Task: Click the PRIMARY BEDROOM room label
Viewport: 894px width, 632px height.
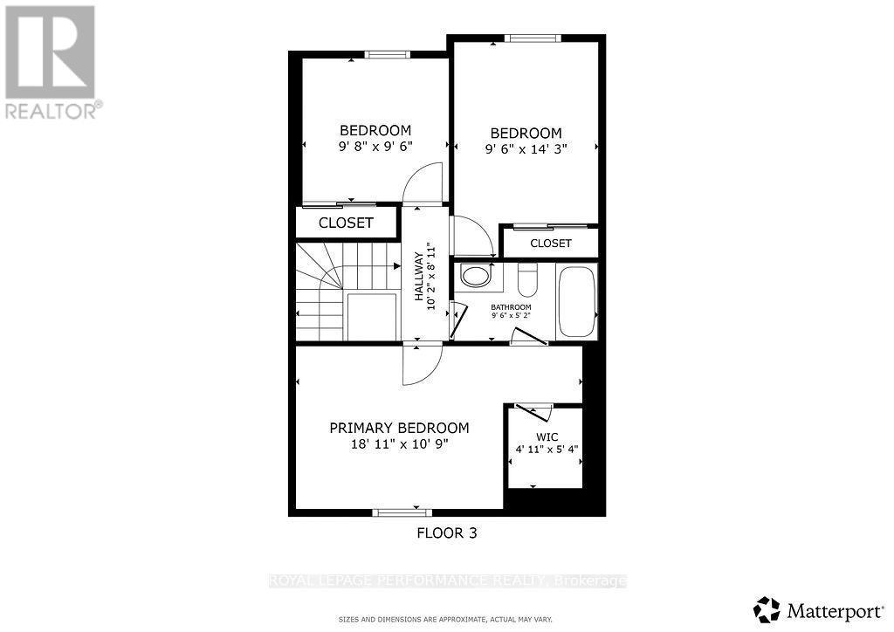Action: [399, 428]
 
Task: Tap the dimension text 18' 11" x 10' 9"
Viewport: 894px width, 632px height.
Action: [399, 443]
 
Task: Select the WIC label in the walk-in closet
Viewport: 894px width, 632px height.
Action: [547, 436]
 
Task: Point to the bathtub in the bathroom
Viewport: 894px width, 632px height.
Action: [576, 301]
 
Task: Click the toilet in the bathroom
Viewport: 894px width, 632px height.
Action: [528, 280]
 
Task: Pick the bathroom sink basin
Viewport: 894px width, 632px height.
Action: [476, 277]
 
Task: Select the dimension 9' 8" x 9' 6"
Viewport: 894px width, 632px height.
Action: [375, 147]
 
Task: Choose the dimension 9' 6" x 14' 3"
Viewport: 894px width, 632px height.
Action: [526, 148]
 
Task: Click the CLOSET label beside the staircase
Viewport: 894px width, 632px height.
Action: [346, 223]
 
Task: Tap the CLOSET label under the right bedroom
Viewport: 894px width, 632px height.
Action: [551, 243]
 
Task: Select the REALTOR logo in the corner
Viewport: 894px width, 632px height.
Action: [52, 61]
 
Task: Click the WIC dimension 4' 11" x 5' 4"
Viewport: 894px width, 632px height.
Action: [547, 450]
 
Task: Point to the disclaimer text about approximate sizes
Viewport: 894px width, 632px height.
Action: [445, 620]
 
